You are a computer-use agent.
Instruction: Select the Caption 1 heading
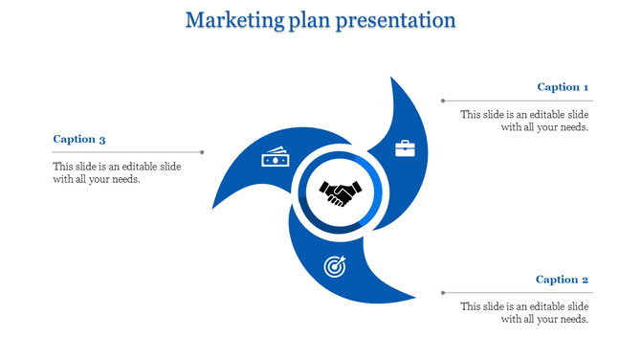[x=563, y=87]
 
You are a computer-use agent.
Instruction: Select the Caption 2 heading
[x=562, y=280]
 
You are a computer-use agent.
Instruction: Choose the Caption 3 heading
[x=79, y=139]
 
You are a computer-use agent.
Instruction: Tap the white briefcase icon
[x=406, y=148]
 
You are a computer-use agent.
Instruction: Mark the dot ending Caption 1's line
[x=442, y=100]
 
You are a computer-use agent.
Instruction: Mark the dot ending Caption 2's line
[x=442, y=292]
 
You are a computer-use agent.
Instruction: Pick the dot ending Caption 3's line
[x=202, y=151]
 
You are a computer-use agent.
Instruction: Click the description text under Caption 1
[x=524, y=120]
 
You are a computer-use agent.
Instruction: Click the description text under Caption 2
[x=524, y=312]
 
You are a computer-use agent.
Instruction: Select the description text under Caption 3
[x=117, y=171]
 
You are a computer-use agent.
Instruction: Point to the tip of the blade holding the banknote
[x=212, y=208]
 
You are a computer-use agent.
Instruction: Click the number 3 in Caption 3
[x=102, y=139]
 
